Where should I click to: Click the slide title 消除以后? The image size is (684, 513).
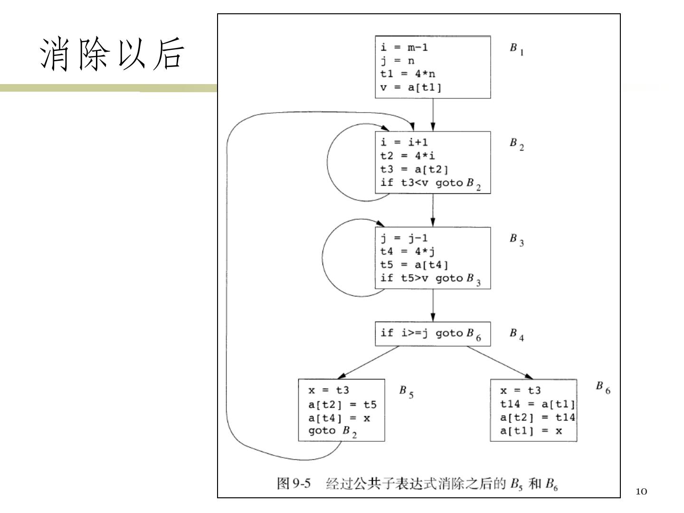tap(111, 54)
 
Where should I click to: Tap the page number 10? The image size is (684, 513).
tap(641, 492)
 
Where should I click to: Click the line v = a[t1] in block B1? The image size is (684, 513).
tap(411, 87)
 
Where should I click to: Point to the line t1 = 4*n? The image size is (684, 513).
tap(408, 74)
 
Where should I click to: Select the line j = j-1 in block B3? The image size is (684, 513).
tap(404, 238)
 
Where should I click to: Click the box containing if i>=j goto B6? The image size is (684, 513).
tap(433, 334)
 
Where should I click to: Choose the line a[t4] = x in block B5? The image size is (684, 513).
tap(339, 418)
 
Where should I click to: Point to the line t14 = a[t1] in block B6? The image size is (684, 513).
tap(537, 404)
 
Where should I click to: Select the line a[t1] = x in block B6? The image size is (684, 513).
tap(531, 431)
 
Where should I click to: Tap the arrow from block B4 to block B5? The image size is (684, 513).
tap(369, 362)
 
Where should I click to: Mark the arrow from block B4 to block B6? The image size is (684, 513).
tap(499, 362)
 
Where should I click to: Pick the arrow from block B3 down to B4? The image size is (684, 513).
tap(433, 305)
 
